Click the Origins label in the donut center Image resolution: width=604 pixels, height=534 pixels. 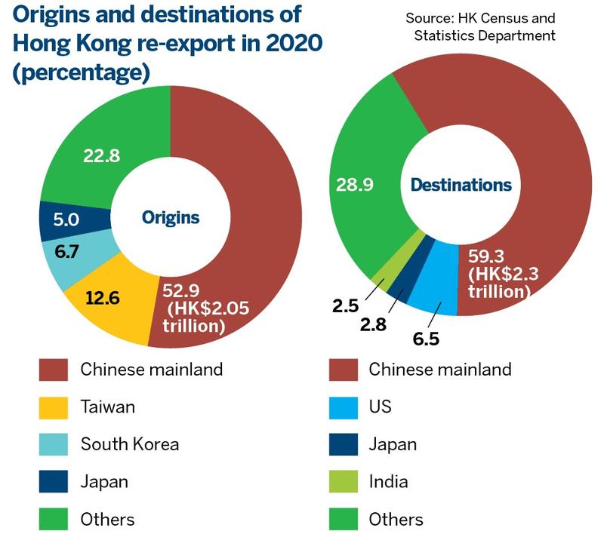coord(171,218)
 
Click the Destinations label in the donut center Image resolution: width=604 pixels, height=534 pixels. coord(461,185)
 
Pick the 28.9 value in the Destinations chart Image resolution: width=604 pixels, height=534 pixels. coord(353,185)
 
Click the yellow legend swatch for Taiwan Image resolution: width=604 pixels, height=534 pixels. coord(54,407)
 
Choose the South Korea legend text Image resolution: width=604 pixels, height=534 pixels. coord(130,443)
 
